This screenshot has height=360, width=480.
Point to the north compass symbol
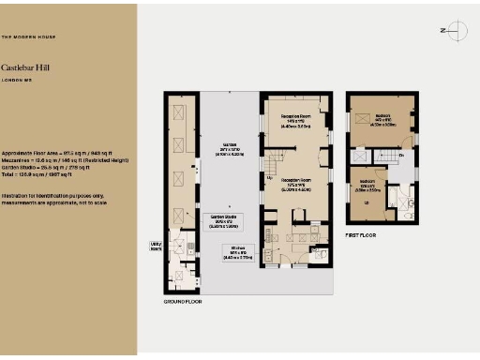click(x=453, y=31)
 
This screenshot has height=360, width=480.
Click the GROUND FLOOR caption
click(x=183, y=302)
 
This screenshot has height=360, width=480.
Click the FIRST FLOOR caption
click(x=361, y=235)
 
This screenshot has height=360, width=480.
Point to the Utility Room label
click(x=156, y=246)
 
